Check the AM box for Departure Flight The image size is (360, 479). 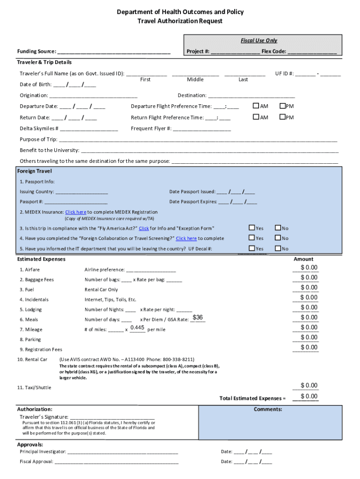(x=256, y=106)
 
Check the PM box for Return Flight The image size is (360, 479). (x=282, y=117)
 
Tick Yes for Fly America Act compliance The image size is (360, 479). (x=252, y=228)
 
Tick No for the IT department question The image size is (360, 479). (x=278, y=249)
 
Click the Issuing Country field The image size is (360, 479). (x=81, y=192)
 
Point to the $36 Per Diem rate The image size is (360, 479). (x=198, y=318)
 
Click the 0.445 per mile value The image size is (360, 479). (x=137, y=327)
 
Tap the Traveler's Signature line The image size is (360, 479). (x=112, y=417)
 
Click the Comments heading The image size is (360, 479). (x=268, y=409)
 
